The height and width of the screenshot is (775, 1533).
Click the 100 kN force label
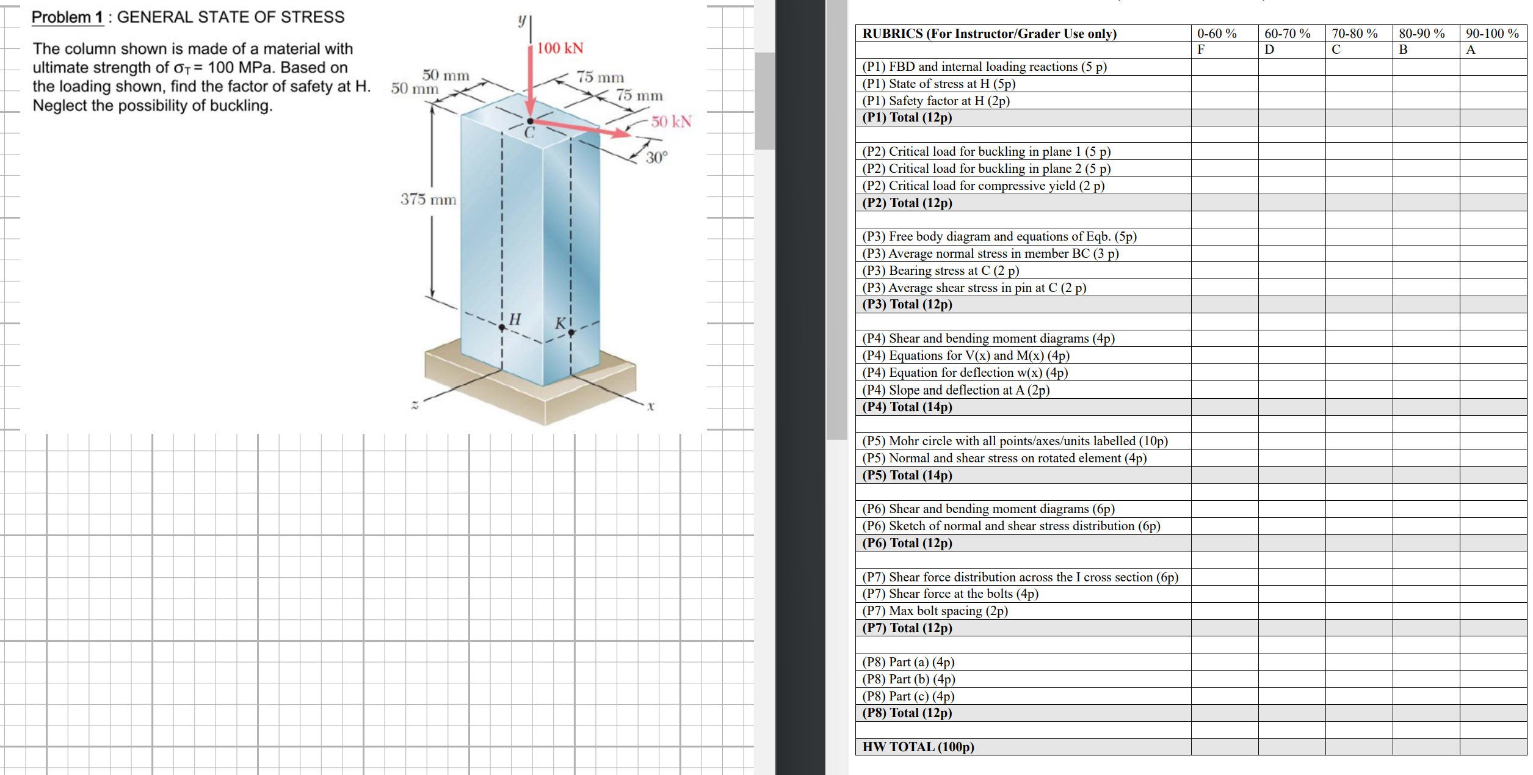tap(560, 48)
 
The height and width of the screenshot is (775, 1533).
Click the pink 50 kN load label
tap(670, 122)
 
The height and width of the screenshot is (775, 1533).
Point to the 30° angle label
tap(657, 158)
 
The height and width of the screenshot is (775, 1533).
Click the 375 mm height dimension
tap(428, 199)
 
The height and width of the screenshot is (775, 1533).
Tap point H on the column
tap(502, 327)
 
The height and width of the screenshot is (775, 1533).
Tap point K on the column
tap(571, 332)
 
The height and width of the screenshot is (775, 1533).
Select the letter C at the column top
tap(529, 133)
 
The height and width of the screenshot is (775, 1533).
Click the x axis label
tap(651, 406)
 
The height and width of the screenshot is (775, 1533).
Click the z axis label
tap(415, 405)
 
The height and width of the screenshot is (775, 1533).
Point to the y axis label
tap(522, 20)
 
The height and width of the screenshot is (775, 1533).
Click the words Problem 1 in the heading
tap(67, 17)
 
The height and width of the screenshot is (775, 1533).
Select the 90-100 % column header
tap(1492, 34)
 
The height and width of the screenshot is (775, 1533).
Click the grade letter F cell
tap(1201, 50)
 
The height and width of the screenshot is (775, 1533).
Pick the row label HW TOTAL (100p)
tap(918, 746)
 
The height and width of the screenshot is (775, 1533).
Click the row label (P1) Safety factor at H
tap(935, 101)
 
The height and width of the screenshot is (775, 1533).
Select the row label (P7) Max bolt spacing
tap(935, 611)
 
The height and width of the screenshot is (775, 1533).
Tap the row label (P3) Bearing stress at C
tap(940, 271)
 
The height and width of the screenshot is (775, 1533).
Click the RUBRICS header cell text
tap(989, 34)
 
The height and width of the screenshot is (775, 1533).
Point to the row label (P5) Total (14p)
tap(907, 475)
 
